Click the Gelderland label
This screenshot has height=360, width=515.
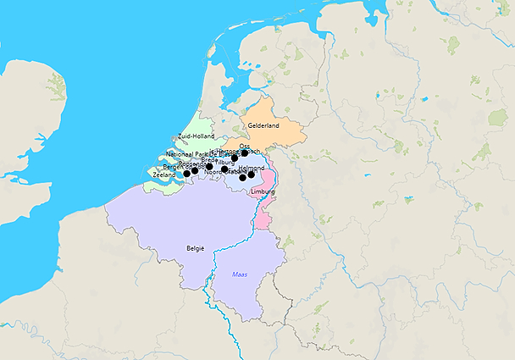263,125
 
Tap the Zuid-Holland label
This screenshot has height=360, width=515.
197,136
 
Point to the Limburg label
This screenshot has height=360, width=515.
263,192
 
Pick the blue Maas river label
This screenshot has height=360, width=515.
241,274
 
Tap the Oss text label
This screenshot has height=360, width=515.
245,146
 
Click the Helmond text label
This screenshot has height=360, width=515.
252,168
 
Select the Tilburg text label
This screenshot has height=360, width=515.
226,161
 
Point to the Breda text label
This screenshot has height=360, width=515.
209,159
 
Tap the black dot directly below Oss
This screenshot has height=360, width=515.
245,153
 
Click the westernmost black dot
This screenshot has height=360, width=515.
187,173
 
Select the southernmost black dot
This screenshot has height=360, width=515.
243,178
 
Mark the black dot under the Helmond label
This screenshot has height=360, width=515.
252,174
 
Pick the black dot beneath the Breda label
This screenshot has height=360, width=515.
209,166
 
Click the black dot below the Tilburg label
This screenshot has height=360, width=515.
225,169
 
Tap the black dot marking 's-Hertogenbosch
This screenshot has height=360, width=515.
235,158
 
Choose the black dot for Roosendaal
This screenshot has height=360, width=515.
195,171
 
